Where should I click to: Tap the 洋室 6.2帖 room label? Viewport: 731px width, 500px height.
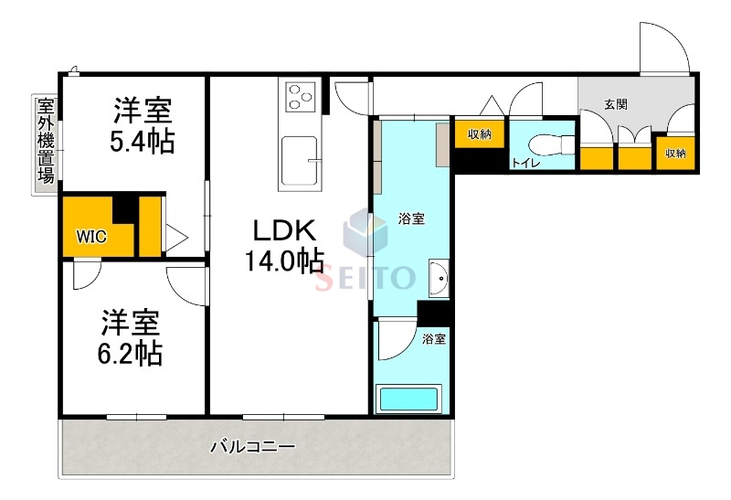[x=131, y=337]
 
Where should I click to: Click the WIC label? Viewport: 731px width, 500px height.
[x=90, y=236]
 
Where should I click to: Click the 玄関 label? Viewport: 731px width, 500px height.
[x=615, y=104]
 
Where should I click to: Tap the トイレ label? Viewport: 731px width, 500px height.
[x=524, y=163]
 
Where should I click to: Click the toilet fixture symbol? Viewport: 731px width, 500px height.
[x=553, y=144]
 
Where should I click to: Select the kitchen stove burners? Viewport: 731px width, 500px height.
[x=300, y=96]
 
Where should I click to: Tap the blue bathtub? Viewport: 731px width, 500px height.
[x=409, y=399]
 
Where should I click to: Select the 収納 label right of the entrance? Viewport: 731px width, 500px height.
[x=675, y=153]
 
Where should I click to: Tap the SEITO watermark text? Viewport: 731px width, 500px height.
[x=365, y=274]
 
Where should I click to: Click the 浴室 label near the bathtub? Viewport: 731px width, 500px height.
[x=434, y=339]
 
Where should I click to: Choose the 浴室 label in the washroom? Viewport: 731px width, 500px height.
[x=410, y=219]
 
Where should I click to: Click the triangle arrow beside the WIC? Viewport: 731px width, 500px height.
[x=176, y=238]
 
